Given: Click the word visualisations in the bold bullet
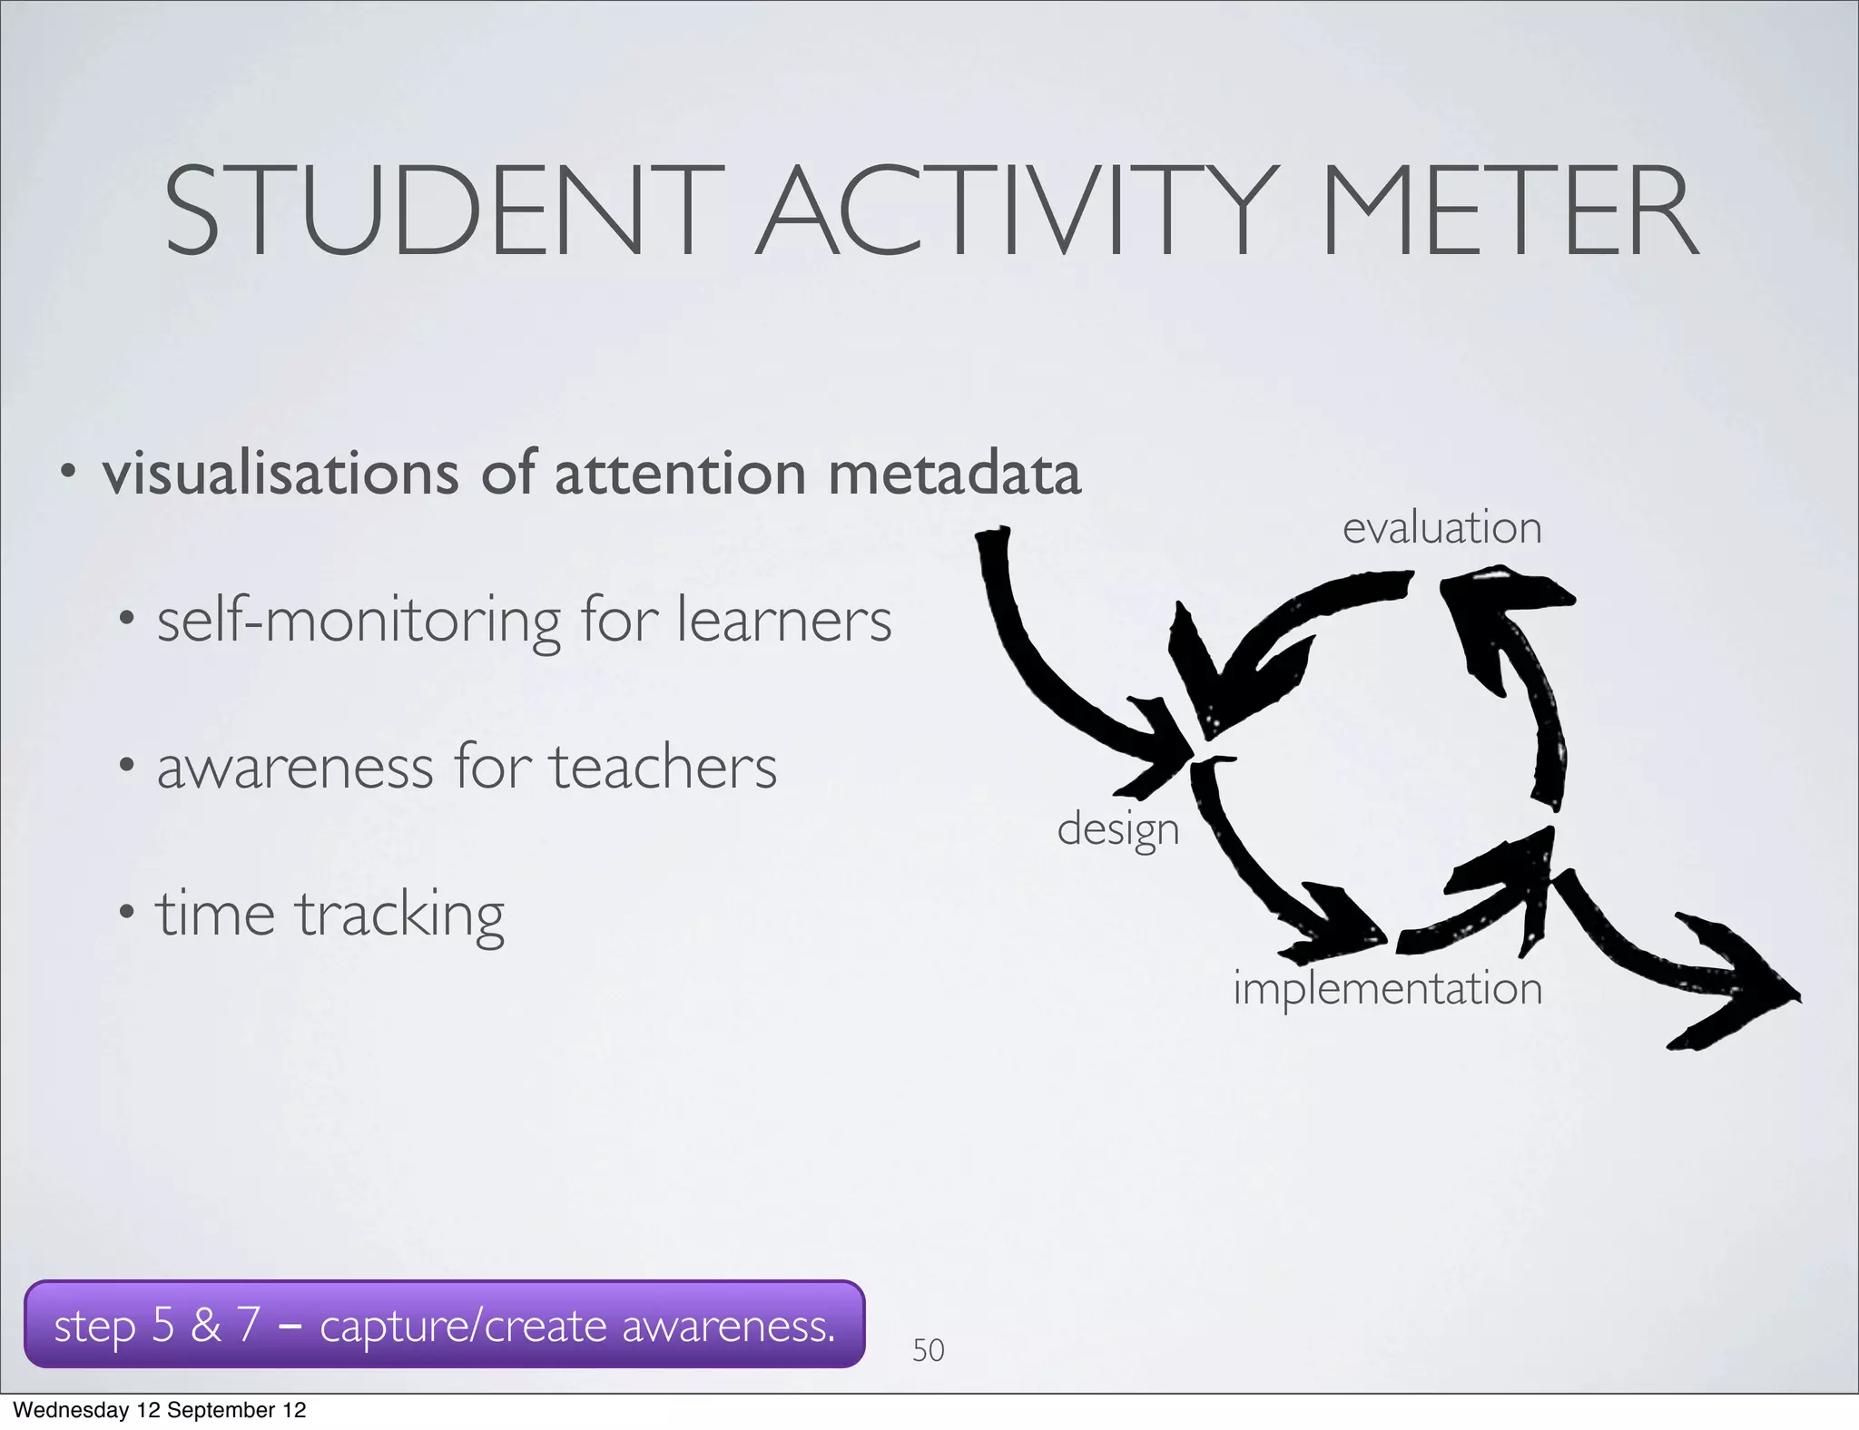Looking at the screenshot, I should pyautogui.click(x=280, y=474).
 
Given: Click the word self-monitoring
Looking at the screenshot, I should pyautogui.click(x=359, y=622).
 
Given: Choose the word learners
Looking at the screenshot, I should pyautogui.click(x=784, y=621).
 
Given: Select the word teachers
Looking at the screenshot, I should pyautogui.click(x=663, y=767).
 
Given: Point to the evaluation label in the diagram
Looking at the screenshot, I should pyautogui.click(x=1441, y=528).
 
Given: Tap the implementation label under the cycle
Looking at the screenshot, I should pyautogui.click(x=1387, y=989).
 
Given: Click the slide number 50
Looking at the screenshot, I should pyautogui.click(x=928, y=1350).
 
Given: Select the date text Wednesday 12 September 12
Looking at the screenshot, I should pyautogui.click(x=160, y=1410).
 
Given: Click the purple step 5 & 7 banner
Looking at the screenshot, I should pyautogui.click(x=444, y=1325).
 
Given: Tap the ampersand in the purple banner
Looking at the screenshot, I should pyautogui.click(x=206, y=1325).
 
